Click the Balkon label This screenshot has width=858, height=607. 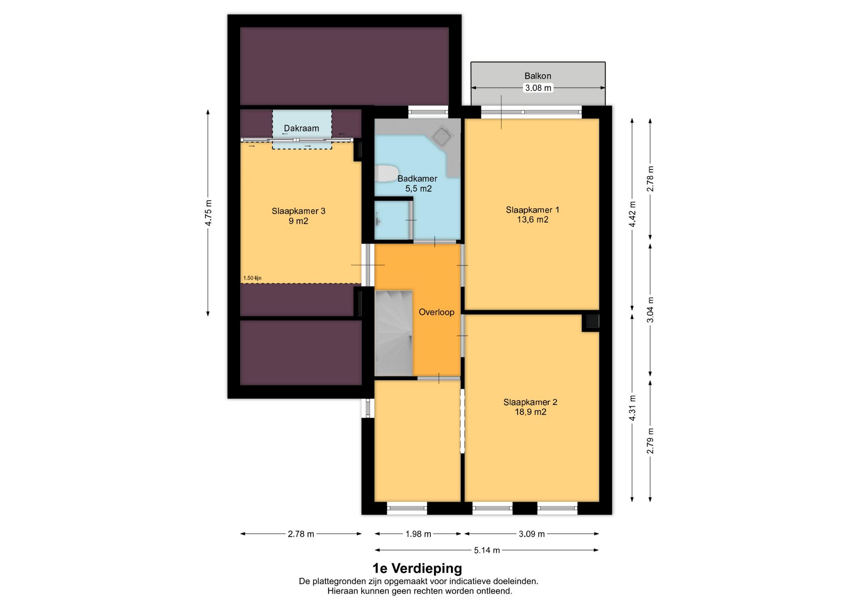click(x=538, y=76)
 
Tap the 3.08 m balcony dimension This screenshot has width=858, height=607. click(x=538, y=88)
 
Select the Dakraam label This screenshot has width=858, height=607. click(x=302, y=128)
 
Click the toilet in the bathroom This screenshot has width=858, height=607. click(x=387, y=173)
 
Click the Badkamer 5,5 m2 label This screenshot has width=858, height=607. click(x=418, y=183)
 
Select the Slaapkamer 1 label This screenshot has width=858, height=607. click(x=532, y=215)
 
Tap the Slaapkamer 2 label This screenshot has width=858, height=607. click(x=530, y=407)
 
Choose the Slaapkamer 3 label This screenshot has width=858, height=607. click(x=299, y=216)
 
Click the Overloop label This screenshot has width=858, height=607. click(x=436, y=312)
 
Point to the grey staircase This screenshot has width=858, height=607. click(x=393, y=333)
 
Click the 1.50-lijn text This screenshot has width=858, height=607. click(x=252, y=278)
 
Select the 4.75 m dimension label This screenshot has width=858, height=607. click(x=208, y=213)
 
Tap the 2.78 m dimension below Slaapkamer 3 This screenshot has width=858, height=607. click(x=301, y=534)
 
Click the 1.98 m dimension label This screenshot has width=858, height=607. click(x=418, y=534)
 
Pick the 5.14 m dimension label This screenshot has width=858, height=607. click(x=487, y=550)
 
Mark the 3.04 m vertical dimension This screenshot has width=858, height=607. click(x=650, y=310)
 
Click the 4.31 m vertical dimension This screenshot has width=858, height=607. click(x=632, y=408)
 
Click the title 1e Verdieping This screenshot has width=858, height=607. click(x=417, y=568)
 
